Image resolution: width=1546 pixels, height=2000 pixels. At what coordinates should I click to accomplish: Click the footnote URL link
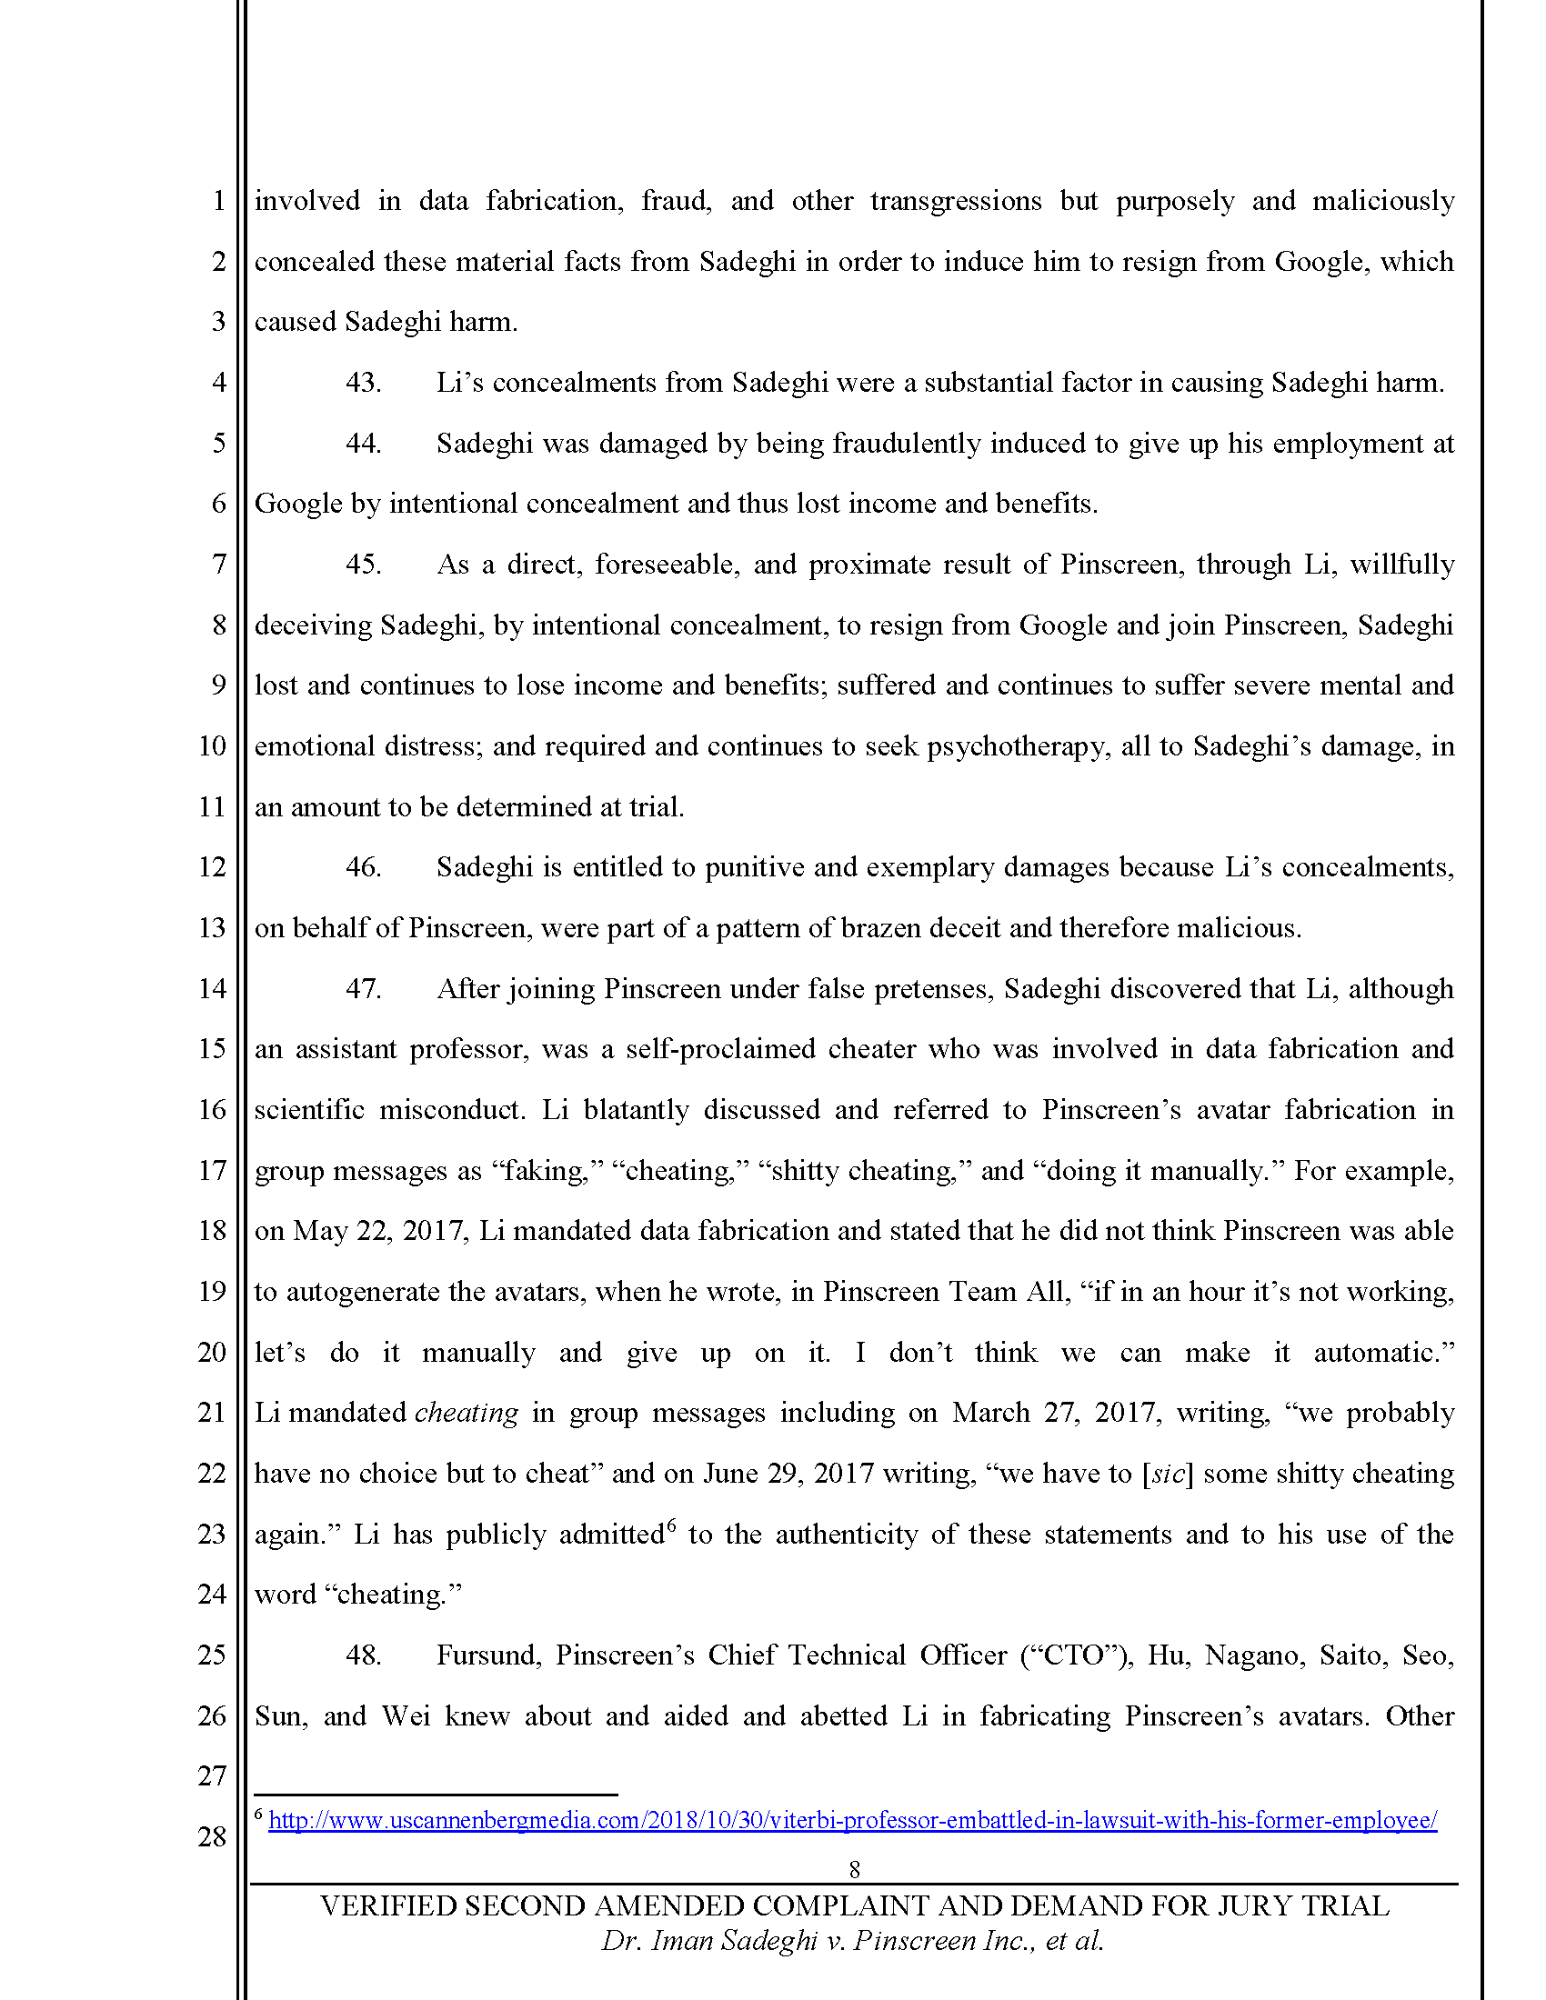[852, 1820]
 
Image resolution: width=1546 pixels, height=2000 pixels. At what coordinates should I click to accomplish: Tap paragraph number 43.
[363, 382]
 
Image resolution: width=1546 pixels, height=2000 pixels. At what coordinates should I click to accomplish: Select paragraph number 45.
[363, 565]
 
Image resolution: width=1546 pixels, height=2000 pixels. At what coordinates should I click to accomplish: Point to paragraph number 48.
[363, 1655]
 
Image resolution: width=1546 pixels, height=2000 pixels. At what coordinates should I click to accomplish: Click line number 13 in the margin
[212, 927]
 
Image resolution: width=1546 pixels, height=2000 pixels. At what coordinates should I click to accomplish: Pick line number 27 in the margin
[212, 1775]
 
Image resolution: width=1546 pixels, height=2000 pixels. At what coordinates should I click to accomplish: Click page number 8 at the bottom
[855, 1869]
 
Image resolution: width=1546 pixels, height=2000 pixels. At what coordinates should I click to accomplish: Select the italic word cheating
[467, 1413]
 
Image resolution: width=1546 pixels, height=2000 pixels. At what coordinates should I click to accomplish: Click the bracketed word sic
[1168, 1474]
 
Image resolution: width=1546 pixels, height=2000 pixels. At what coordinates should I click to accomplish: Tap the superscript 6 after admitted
[671, 1525]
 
